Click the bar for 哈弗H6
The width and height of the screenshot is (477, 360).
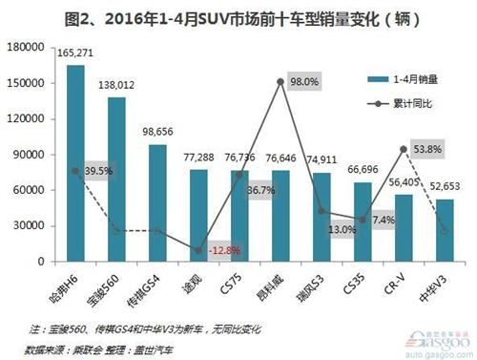point(75,162)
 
